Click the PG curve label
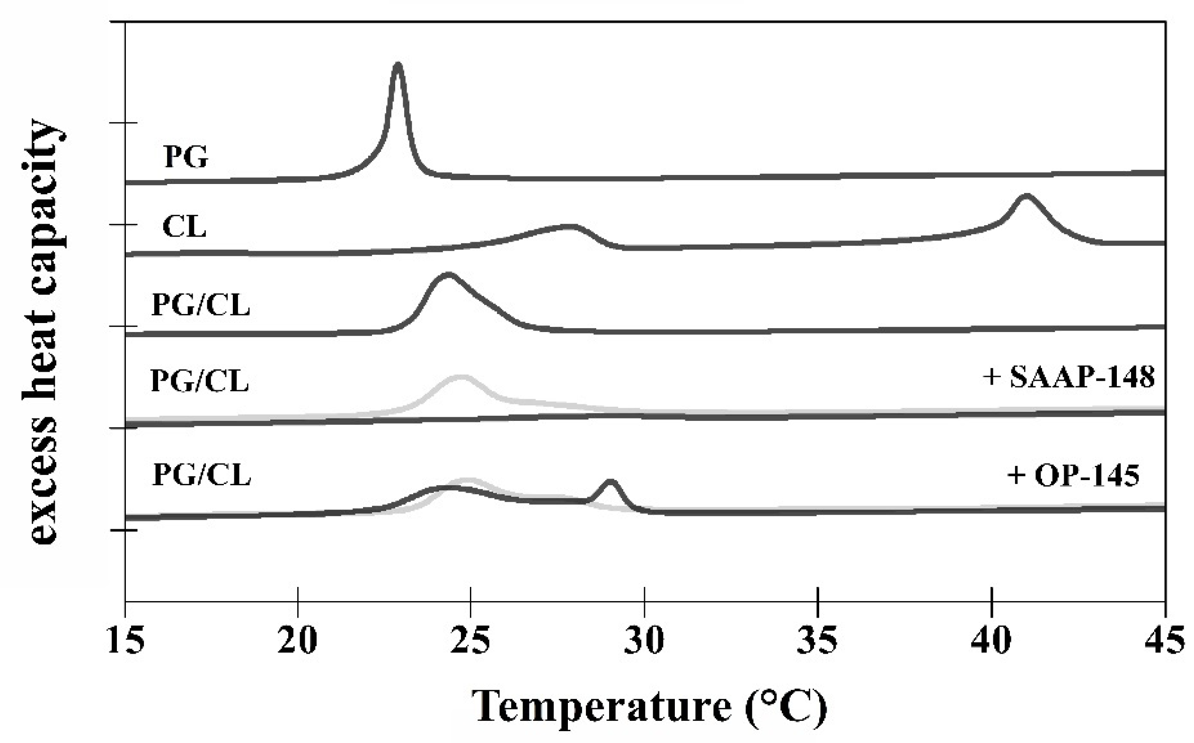tap(186, 156)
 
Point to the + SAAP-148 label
tap(1068, 378)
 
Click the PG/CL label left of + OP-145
tap(202, 475)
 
